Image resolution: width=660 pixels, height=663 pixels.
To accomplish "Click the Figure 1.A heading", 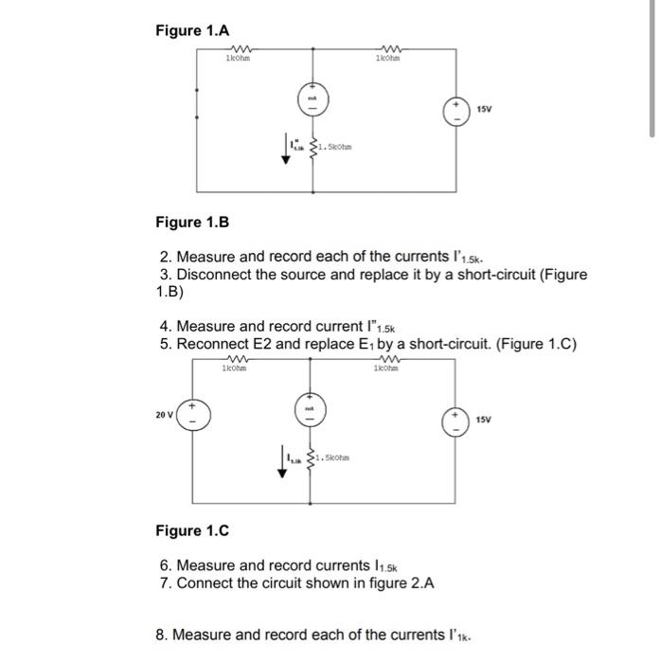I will (x=192, y=30).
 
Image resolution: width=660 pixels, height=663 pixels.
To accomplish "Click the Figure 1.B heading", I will (x=192, y=223).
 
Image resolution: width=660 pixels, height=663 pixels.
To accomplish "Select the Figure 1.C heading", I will (x=192, y=530).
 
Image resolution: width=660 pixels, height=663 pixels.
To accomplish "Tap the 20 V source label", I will (x=164, y=413).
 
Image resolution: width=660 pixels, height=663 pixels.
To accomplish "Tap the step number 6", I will (x=165, y=564).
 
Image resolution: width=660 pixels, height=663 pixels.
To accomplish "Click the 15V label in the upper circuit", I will (x=486, y=110).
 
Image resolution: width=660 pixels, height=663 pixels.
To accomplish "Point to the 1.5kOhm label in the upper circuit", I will (x=336, y=148).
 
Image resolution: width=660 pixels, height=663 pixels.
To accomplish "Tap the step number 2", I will (x=165, y=257).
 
